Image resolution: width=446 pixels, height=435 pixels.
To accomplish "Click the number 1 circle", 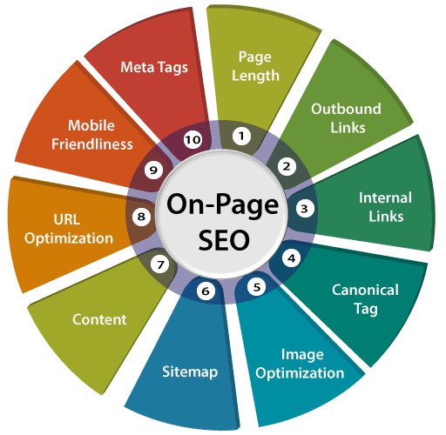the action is (241, 136).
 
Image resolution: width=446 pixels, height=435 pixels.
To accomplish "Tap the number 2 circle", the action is (287, 166).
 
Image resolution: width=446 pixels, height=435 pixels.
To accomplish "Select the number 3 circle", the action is (305, 208).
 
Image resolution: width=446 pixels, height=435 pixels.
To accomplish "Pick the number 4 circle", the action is (292, 258).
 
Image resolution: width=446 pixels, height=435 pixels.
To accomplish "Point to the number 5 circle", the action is (256, 287).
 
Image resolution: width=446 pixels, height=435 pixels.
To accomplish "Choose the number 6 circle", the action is (206, 291).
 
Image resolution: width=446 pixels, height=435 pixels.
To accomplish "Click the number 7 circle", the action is (160, 264).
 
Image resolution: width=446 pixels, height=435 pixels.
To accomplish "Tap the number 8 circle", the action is (141, 217).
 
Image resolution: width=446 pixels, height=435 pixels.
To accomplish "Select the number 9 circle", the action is (153, 171).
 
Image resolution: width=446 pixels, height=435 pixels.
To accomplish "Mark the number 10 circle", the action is (193, 140).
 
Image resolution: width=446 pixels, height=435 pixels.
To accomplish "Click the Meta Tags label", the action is (154, 68).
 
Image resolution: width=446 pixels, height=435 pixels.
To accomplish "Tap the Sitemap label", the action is (190, 371).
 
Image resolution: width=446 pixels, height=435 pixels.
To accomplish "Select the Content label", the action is (99, 319).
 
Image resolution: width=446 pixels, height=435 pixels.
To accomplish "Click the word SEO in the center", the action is (224, 240).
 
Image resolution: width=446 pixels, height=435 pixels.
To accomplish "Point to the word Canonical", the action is (365, 290).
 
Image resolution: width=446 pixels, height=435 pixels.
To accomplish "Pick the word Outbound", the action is (346, 109).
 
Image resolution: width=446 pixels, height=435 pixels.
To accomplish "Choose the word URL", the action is (67, 219).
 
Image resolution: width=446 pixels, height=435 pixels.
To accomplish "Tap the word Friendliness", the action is (92, 144).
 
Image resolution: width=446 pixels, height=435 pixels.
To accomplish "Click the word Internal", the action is (385, 197).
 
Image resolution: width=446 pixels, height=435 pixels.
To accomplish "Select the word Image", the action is (302, 355).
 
